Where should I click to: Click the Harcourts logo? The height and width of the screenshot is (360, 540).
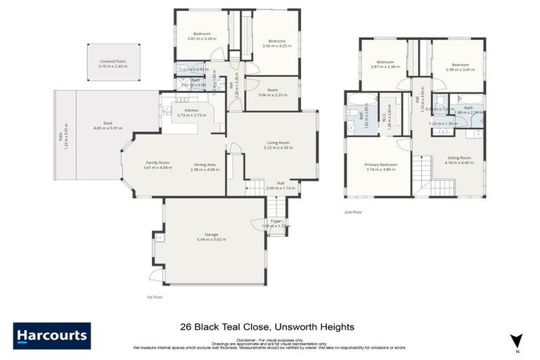52,335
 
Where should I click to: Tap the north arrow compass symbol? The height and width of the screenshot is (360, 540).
517,340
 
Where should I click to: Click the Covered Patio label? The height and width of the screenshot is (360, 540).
112,61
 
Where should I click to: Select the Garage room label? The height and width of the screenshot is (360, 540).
212,234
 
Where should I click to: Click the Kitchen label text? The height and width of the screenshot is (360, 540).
191,110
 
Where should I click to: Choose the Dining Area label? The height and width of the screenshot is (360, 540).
205,165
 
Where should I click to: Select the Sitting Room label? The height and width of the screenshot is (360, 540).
459,158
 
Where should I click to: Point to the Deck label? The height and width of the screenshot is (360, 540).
108,123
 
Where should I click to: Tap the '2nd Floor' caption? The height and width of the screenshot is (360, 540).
353,212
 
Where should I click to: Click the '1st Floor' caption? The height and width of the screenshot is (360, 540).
155,297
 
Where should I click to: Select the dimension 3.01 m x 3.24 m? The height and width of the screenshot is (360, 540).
200,38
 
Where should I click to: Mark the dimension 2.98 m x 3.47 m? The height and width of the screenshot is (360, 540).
458,67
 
